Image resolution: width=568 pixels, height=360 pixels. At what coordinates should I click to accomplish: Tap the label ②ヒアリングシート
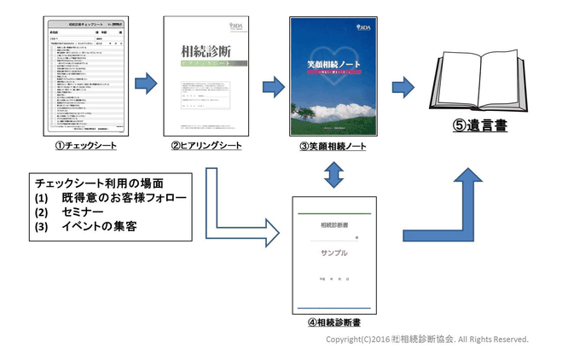point(206,146)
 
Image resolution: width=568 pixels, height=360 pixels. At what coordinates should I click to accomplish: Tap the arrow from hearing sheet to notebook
point(273,86)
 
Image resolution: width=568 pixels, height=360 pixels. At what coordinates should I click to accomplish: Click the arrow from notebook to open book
point(402,86)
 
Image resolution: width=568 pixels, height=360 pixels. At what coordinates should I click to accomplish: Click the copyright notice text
point(426,340)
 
